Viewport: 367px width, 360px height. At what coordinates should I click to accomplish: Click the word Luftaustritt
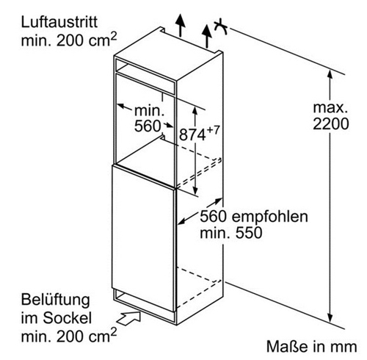[59, 22]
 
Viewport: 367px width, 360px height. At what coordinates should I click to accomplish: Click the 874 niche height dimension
[192, 134]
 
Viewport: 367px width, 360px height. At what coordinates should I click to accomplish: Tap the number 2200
[331, 123]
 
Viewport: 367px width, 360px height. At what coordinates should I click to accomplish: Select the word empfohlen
[269, 217]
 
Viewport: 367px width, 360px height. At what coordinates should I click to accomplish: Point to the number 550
[249, 233]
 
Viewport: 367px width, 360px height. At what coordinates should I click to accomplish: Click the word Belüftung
[56, 300]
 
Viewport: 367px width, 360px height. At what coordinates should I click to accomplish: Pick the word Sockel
[67, 318]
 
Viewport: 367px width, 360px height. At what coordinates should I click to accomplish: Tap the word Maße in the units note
[287, 347]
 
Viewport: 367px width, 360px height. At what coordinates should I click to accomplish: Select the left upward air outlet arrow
[181, 26]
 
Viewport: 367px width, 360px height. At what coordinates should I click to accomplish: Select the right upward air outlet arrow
[207, 36]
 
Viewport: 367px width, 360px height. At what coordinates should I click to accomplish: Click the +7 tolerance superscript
[212, 130]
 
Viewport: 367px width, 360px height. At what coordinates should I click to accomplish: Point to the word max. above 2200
[330, 107]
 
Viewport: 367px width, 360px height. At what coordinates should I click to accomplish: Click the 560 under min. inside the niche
[148, 126]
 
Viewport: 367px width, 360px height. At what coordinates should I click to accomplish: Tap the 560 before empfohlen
[213, 217]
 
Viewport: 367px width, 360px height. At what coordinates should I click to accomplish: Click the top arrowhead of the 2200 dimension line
[330, 74]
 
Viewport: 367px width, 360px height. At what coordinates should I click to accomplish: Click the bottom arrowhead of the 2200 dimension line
[330, 318]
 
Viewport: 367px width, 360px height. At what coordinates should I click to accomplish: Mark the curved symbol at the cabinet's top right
[221, 26]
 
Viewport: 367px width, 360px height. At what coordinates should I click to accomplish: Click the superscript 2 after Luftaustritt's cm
[113, 36]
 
